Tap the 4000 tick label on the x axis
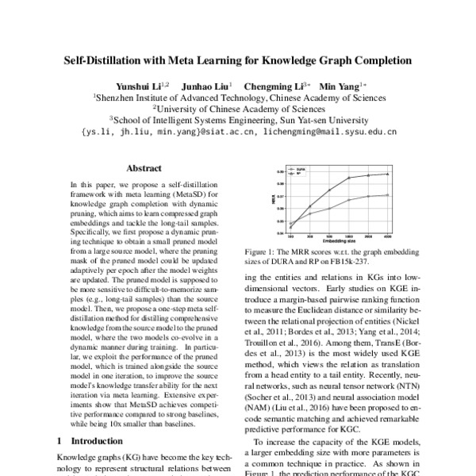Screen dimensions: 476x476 387,236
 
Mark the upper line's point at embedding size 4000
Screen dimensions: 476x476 387,174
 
